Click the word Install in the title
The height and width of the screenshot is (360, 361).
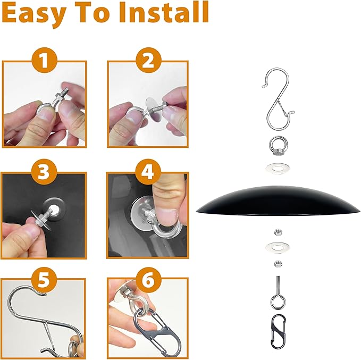coord(164,12)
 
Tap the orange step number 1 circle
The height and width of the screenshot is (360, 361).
coord(44,60)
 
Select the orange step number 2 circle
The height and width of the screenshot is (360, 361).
coord(148,60)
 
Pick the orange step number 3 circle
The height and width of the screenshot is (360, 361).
coord(44,172)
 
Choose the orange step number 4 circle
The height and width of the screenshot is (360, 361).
coord(148,172)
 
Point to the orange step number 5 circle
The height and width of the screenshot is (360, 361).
coord(44,280)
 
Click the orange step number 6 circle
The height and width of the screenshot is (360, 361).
coord(148,280)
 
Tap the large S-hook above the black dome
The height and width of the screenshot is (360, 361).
coord(278,98)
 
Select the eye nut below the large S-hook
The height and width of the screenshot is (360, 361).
coord(278,146)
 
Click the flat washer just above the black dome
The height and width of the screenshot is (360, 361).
coord(278,168)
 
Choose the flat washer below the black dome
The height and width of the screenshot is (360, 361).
coord(278,248)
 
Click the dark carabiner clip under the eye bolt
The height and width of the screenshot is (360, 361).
coord(279,331)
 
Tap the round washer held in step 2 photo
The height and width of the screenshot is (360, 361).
coord(154,109)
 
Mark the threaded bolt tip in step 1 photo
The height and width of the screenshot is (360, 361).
coord(66,89)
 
